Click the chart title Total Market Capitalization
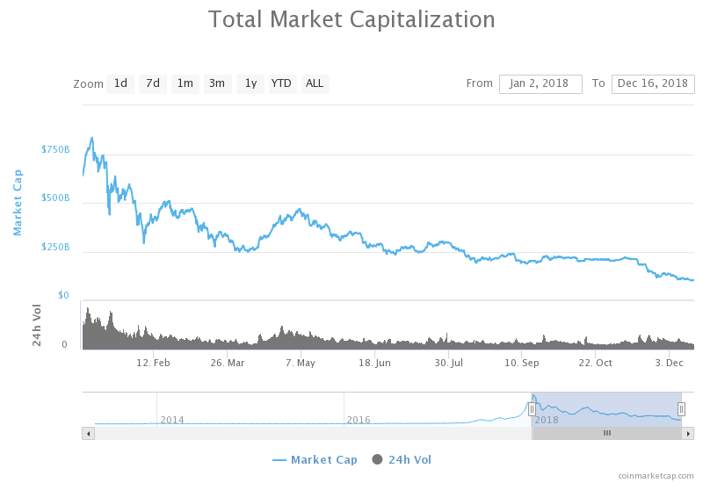pos(351,19)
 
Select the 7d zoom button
pos(153,83)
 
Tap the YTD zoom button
pos(281,83)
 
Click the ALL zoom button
pos(315,83)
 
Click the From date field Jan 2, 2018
pos(540,83)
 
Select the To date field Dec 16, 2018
pos(653,83)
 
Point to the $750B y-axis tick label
pos(55,150)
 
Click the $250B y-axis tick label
pos(55,248)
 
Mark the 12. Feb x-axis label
pos(154,363)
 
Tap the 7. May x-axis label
pos(301,363)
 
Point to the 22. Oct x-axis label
pos(596,363)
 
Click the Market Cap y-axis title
pos(18,202)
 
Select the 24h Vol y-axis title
pos(38,325)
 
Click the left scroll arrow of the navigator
pos(88,433)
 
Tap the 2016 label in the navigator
pos(359,420)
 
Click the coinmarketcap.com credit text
pos(656,475)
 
